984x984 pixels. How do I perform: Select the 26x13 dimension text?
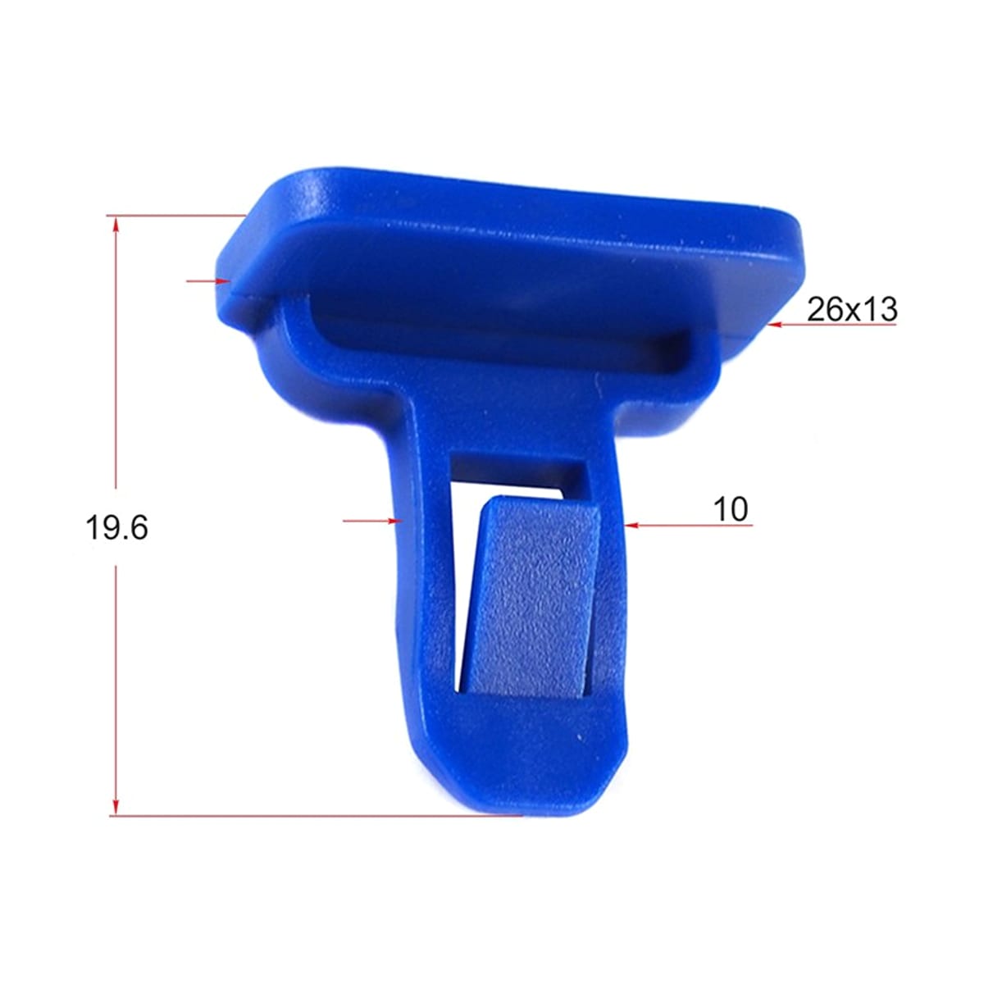[x=852, y=309]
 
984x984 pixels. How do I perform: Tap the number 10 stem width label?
[x=731, y=508]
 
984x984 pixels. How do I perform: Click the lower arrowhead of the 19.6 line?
[x=116, y=804]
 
